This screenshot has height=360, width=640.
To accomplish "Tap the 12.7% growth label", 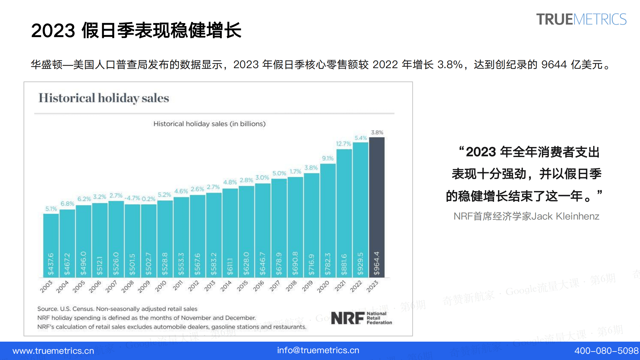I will pyautogui.click(x=343, y=144).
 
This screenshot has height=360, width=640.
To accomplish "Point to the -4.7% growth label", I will pyautogui.click(x=132, y=198).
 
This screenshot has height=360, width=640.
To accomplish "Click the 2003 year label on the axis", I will pyautogui.click(x=46, y=287).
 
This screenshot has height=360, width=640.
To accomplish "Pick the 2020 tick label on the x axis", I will pyautogui.click(x=323, y=287).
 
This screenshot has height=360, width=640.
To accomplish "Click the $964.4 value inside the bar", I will pyautogui.click(x=377, y=263).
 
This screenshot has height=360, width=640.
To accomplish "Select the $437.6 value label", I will pyautogui.click(x=51, y=264).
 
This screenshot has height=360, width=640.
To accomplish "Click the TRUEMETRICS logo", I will pyautogui.click(x=581, y=20).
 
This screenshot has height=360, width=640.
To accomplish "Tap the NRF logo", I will pyautogui.click(x=361, y=318).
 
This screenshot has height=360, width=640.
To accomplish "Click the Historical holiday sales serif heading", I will pyautogui.click(x=104, y=98).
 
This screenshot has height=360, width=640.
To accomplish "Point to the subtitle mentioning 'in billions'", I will pyautogui.click(x=209, y=124).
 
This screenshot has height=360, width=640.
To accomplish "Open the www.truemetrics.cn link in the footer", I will pyautogui.click(x=53, y=351).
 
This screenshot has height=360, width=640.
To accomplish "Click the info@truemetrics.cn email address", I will pyautogui.click(x=318, y=350).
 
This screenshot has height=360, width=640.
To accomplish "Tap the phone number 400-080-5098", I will pyautogui.click(x=606, y=351).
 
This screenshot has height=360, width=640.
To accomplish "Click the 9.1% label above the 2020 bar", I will pyautogui.click(x=328, y=158).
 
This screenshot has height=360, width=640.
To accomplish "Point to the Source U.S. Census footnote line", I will pyautogui.click(x=117, y=309).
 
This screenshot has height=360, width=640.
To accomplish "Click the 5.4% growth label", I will pyautogui.click(x=361, y=138).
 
